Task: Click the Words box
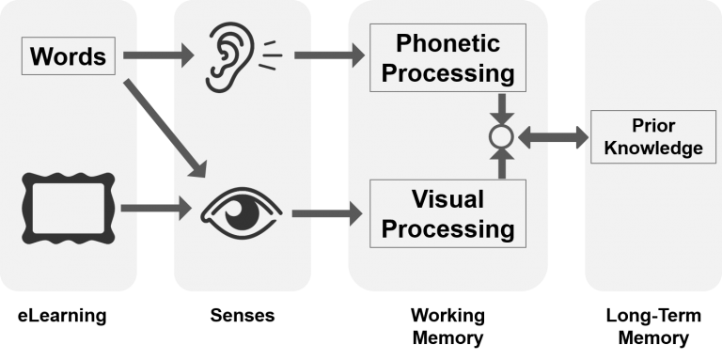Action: (x=70, y=56)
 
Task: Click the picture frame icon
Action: (x=68, y=208)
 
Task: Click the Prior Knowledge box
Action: (x=648, y=136)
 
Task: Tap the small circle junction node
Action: (x=501, y=137)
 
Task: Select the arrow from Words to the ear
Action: (x=157, y=56)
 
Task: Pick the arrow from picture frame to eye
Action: (x=155, y=209)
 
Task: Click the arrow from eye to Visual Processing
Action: (x=327, y=215)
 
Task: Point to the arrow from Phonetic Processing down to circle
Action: (x=501, y=106)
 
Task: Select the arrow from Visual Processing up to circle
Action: (x=501, y=166)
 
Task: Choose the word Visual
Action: (x=447, y=198)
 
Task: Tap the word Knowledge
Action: (x=648, y=148)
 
